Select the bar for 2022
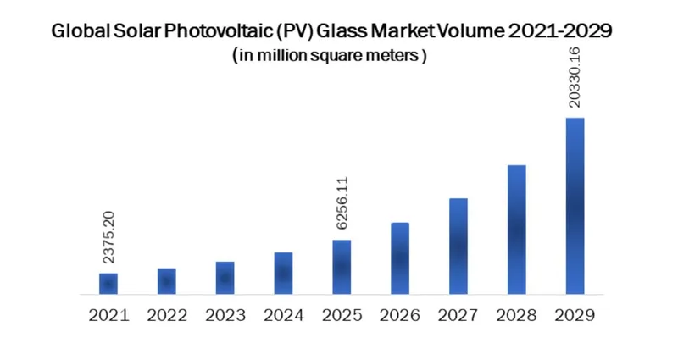tap(167, 281)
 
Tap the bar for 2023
tap(225, 278)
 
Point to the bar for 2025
tap(342, 267)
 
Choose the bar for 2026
tap(400, 258)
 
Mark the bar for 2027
tap(458, 246)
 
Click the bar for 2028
tap(517, 230)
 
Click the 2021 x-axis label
tap(108, 315)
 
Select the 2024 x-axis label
tap(283, 315)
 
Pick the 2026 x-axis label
tap(400, 315)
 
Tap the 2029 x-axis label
tap(575, 315)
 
